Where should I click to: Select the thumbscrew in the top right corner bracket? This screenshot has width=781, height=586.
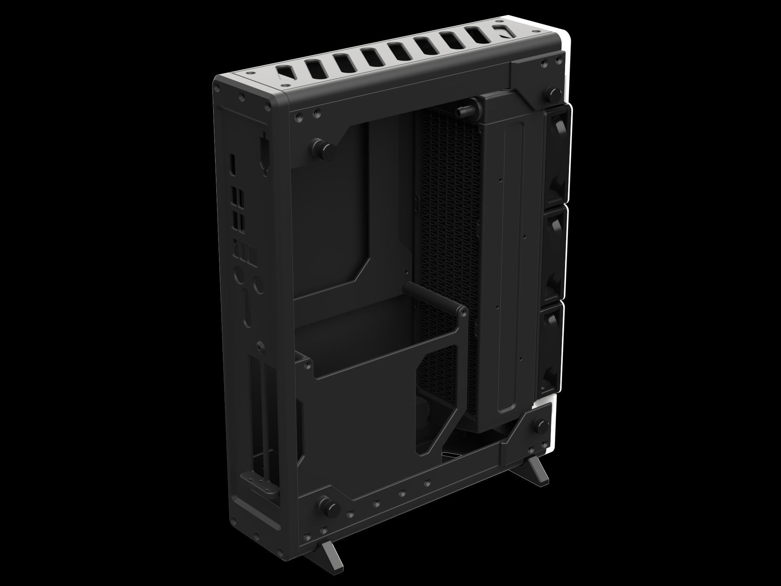[553, 92]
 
